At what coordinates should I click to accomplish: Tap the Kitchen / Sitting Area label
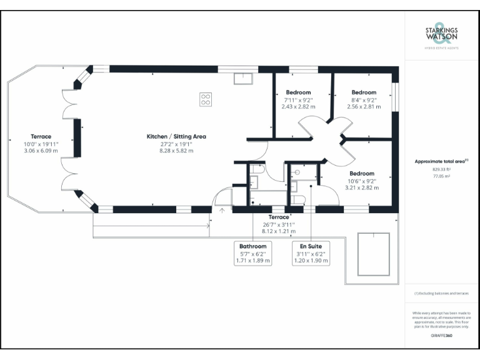[176, 136]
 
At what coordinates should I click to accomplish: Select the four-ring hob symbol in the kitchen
[206, 99]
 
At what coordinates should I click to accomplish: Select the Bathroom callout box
[253, 253]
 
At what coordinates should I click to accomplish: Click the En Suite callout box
[311, 253]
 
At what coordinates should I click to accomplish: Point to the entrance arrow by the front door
[222, 211]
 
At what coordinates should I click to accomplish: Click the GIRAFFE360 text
[441, 336]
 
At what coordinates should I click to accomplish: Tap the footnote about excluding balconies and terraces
[441, 293]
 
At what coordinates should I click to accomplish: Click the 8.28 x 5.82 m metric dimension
[176, 151]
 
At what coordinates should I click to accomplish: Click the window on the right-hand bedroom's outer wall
[394, 96]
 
